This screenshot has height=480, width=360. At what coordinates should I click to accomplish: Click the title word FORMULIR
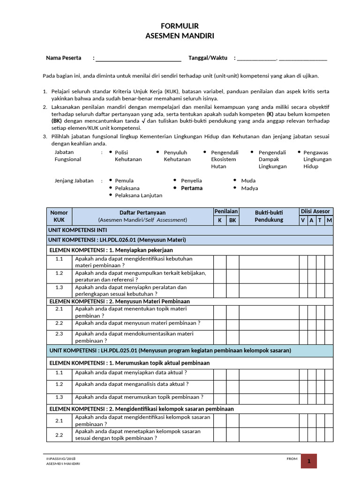tap(180, 27)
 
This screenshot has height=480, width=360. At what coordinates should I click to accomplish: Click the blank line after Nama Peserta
tap(138, 59)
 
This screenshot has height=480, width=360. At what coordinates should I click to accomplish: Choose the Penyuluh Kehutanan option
tap(177, 156)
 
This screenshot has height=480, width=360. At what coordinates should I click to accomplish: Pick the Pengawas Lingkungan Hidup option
tap(317, 159)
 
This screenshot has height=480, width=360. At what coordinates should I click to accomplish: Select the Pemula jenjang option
tap(124, 180)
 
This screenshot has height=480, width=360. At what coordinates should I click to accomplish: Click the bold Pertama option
tap(192, 188)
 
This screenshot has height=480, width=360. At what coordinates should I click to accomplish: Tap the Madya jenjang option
tap(249, 188)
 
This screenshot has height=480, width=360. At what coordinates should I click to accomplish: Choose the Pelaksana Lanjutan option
tap(138, 195)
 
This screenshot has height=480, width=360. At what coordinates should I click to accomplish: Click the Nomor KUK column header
tap(59, 216)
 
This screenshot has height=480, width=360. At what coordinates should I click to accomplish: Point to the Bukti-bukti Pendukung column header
tap(269, 216)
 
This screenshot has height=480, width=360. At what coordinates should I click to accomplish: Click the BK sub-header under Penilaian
tap(232, 220)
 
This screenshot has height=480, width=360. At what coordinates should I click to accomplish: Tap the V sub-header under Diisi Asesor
tap(304, 220)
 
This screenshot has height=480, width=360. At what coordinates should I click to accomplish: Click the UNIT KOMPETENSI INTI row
tap(77, 230)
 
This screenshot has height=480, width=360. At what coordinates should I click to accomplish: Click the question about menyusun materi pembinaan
tap(137, 323)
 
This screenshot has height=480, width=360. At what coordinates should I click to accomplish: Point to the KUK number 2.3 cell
tap(59, 334)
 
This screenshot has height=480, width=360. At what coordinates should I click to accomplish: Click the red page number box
tap(309, 461)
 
